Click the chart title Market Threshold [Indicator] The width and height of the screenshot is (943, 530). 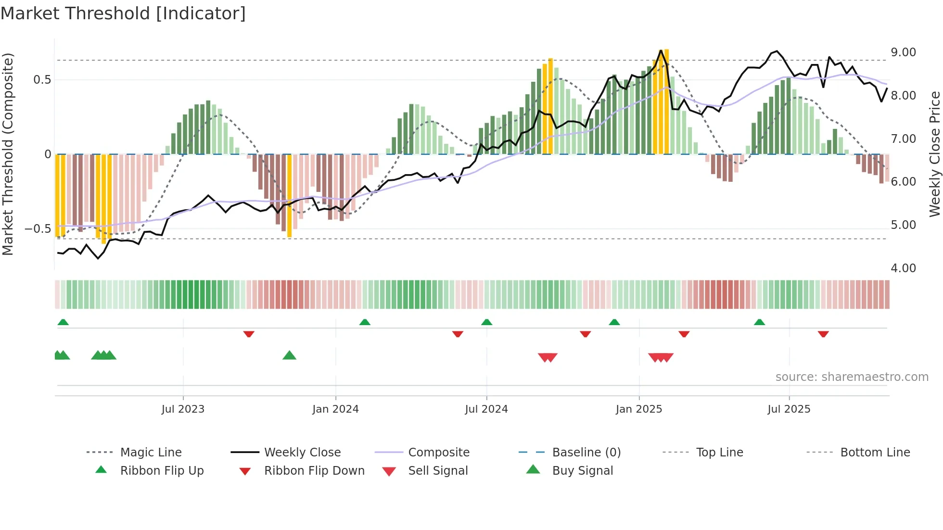click(x=123, y=13)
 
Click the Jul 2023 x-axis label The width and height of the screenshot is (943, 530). click(x=183, y=409)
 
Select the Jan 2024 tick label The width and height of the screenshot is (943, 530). click(x=335, y=409)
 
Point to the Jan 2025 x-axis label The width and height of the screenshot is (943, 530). click(x=639, y=409)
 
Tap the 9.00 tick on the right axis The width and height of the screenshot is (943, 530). click(x=903, y=52)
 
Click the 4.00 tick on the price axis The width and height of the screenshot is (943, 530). click(x=903, y=268)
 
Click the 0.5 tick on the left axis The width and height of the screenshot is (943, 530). click(x=42, y=80)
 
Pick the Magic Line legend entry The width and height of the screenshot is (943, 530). click(x=151, y=453)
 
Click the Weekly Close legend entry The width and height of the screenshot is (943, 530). click(x=302, y=453)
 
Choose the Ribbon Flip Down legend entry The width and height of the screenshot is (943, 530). click(x=314, y=471)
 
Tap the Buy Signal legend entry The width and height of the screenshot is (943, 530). click(x=582, y=471)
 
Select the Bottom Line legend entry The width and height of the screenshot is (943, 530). click(x=875, y=453)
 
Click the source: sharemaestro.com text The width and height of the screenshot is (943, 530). click(x=852, y=377)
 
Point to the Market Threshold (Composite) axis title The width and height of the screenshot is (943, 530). click(x=8, y=154)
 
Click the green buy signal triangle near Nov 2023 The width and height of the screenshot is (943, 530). click(x=289, y=355)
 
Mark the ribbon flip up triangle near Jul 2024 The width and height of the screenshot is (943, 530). click(x=486, y=322)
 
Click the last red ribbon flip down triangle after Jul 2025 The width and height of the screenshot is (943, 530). click(x=823, y=334)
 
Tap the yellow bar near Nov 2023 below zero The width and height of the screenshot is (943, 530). click(x=289, y=195)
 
